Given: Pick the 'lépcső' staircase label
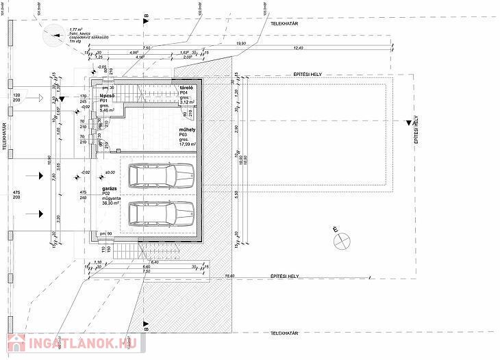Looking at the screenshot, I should pos(108,96).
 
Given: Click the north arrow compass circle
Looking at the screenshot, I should pos(341,240).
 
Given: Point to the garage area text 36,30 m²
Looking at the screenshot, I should pos(112,203).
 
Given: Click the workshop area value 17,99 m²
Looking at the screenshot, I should pos(187,145).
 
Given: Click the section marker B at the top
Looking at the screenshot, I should pos(146,23).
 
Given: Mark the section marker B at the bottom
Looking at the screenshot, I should pos(146,322).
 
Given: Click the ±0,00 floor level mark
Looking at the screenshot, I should pos(110,172).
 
